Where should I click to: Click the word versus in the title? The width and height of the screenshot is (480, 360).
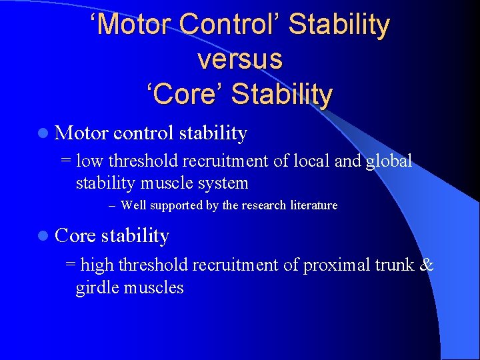(x=240, y=59)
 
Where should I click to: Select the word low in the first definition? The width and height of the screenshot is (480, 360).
(x=90, y=161)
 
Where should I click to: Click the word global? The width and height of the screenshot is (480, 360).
(x=389, y=161)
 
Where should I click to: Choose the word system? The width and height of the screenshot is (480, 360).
(x=225, y=183)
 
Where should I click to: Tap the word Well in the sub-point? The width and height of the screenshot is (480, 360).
(x=134, y=205)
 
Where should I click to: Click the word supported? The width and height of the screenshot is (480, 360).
(x=177, y=205)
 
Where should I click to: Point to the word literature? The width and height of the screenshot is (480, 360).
(x=314, y=205)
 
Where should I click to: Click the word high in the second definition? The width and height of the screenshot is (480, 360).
(x=97, y=265)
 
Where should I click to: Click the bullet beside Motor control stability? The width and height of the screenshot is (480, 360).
(x=43, y=134)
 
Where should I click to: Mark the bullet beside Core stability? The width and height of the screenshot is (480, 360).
(x=43, y=236)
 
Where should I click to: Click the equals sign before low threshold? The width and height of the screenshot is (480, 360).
(x=65, y=161)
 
